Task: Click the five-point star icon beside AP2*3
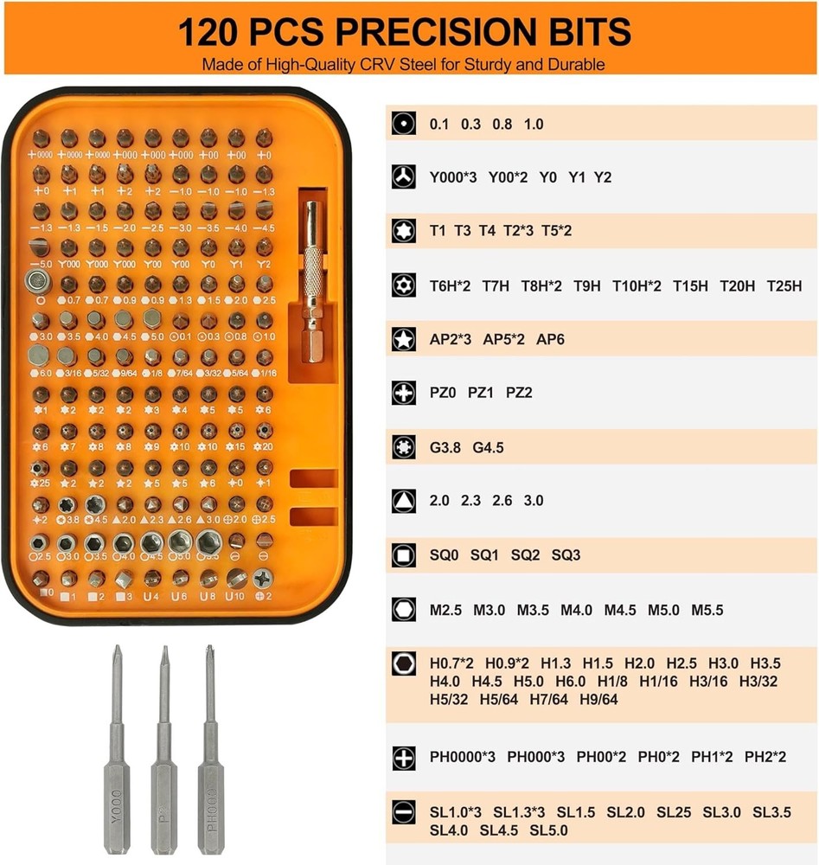pyautogui.click(x=402, y=339)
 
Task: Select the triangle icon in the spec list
pyautogui.click(x=402, y=500)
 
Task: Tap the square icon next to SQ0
pyautogui.click(x=402, y=554)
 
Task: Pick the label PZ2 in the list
pyautogui.click(x=519, y=393)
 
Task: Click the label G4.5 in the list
pyautogui.click(x=488, y=447)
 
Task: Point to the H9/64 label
pyautogui.click(x=598, y=699)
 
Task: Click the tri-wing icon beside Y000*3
pyautogui.click(x=402, y=177)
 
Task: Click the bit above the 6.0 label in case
pyautogui.click(x=39, y=355)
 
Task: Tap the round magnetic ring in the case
pyautogui.click(x=37, y=279)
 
